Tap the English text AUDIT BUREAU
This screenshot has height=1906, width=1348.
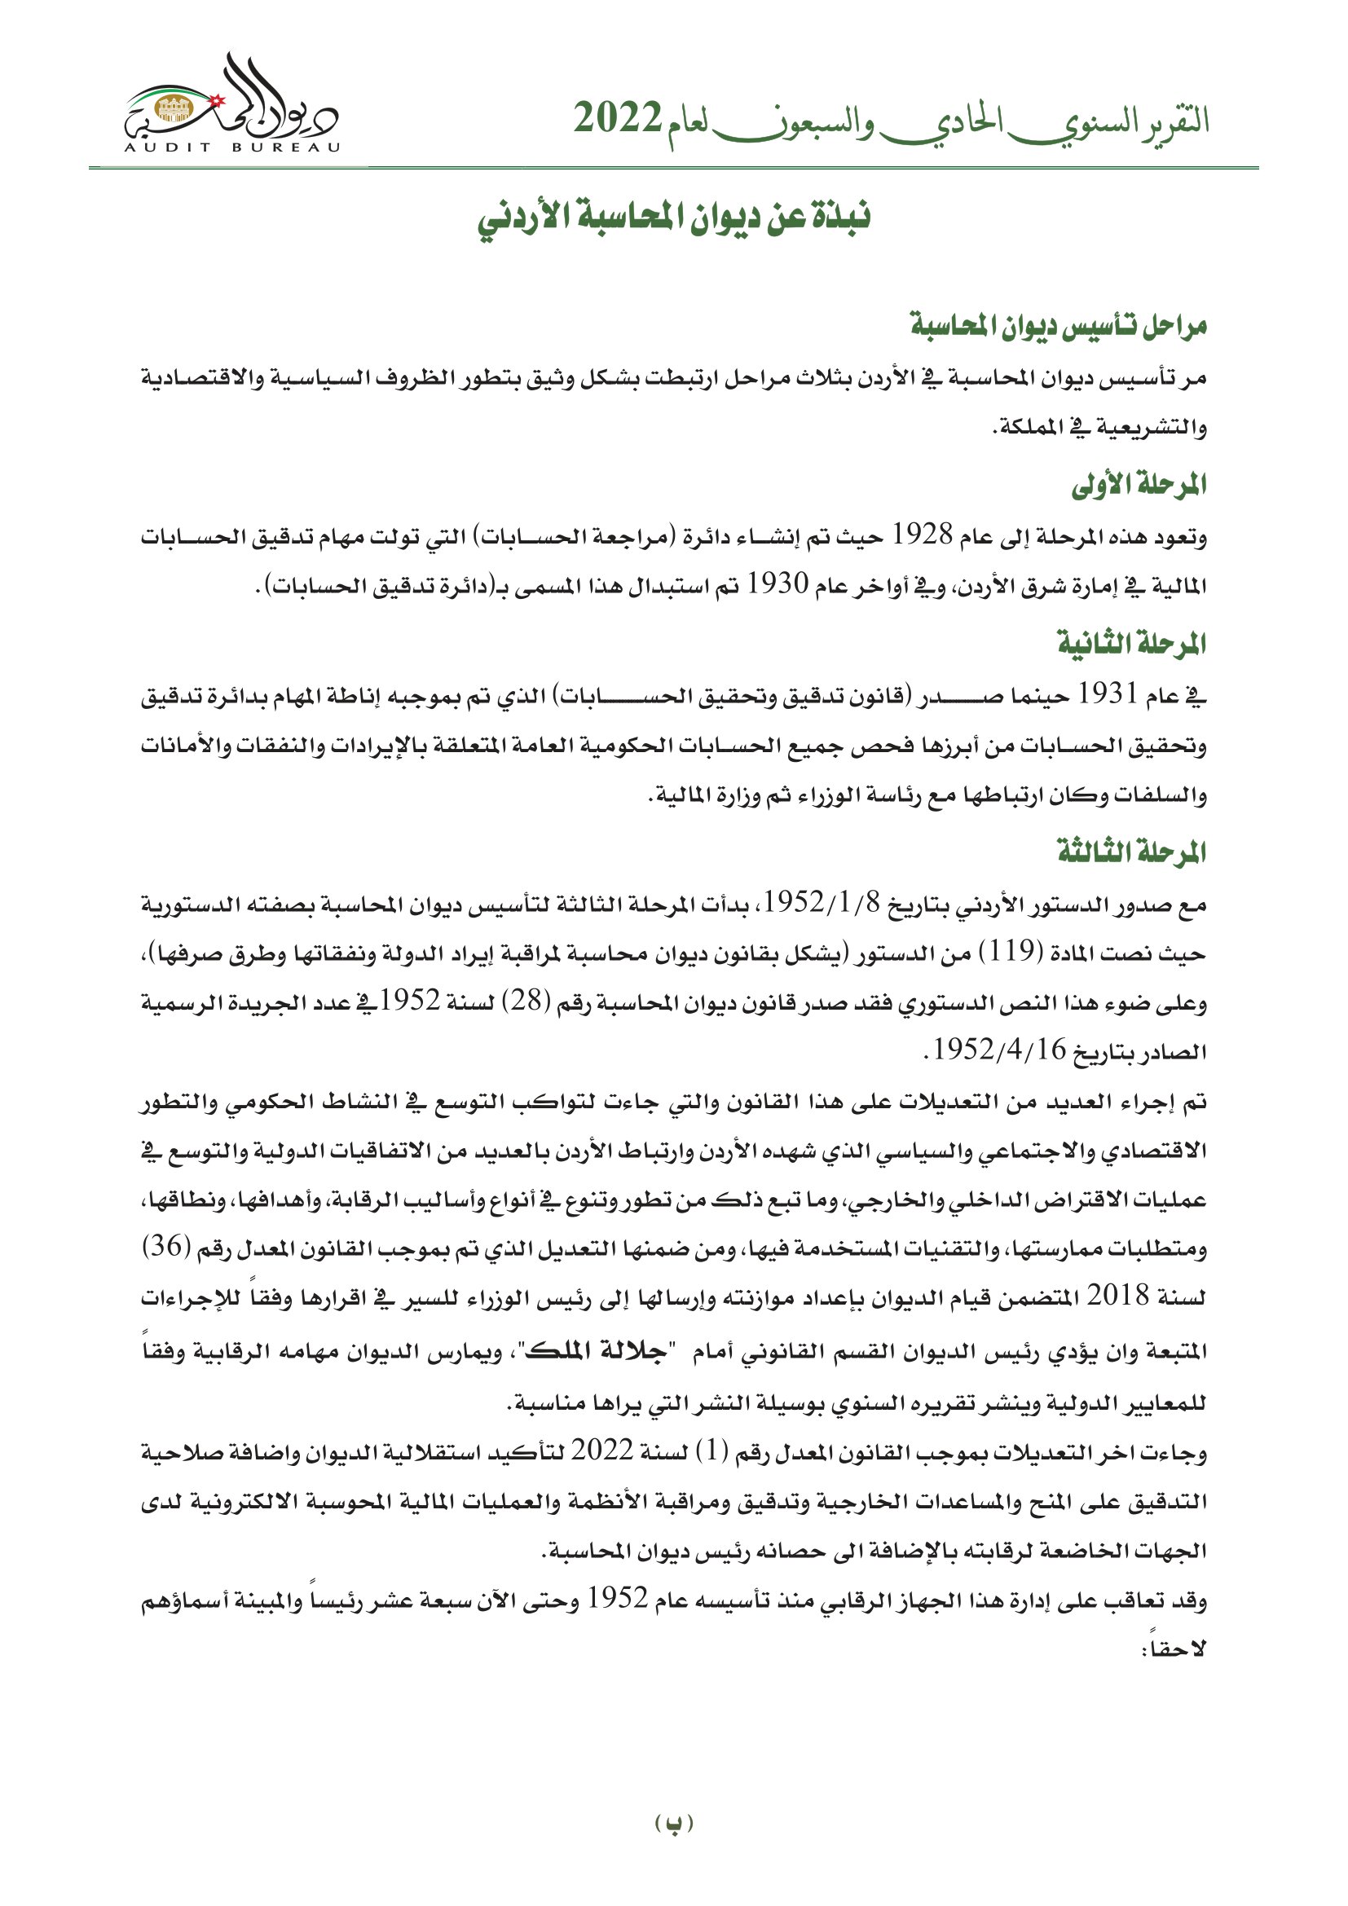pos(232,147)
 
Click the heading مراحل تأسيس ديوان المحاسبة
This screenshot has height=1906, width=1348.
pos(1058,326)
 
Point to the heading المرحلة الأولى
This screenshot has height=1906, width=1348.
pos(1138,486)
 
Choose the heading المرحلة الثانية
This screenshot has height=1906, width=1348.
pos(1130,644)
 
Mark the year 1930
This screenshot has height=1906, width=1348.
pos(777,584)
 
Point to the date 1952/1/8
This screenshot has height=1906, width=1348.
pos(821,901)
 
